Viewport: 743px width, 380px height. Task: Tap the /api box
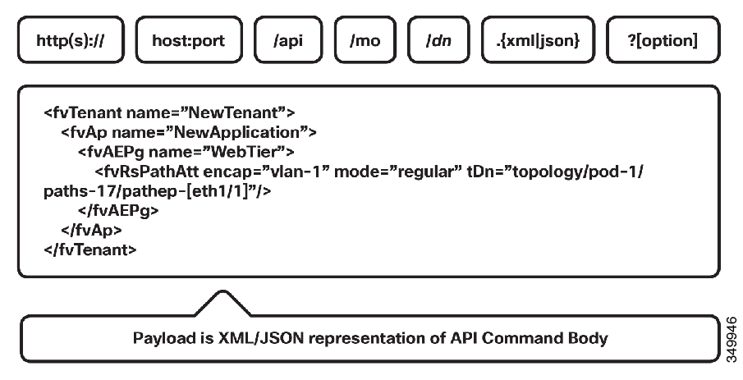pyautogui.click(x=288, y=41)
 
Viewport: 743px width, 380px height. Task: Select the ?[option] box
pyautogui.click(x=663, y=41)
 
